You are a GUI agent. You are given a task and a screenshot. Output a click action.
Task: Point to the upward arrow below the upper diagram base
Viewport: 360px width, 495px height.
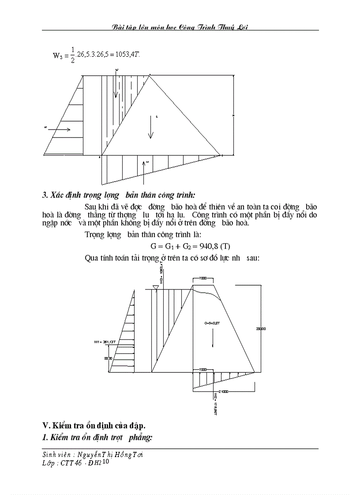point(144,171)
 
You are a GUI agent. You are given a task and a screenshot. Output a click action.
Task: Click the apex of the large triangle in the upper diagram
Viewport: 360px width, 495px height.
point(150,76)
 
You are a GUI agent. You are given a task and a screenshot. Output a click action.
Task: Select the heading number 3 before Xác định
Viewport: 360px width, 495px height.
point(45,195)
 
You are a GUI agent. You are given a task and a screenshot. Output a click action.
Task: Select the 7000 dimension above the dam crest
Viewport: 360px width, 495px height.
point(203,279)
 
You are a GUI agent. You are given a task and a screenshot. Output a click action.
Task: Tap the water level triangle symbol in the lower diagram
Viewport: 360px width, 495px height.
point(155,287)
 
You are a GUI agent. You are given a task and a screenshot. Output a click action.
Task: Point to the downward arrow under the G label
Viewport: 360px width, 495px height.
point(213,342)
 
